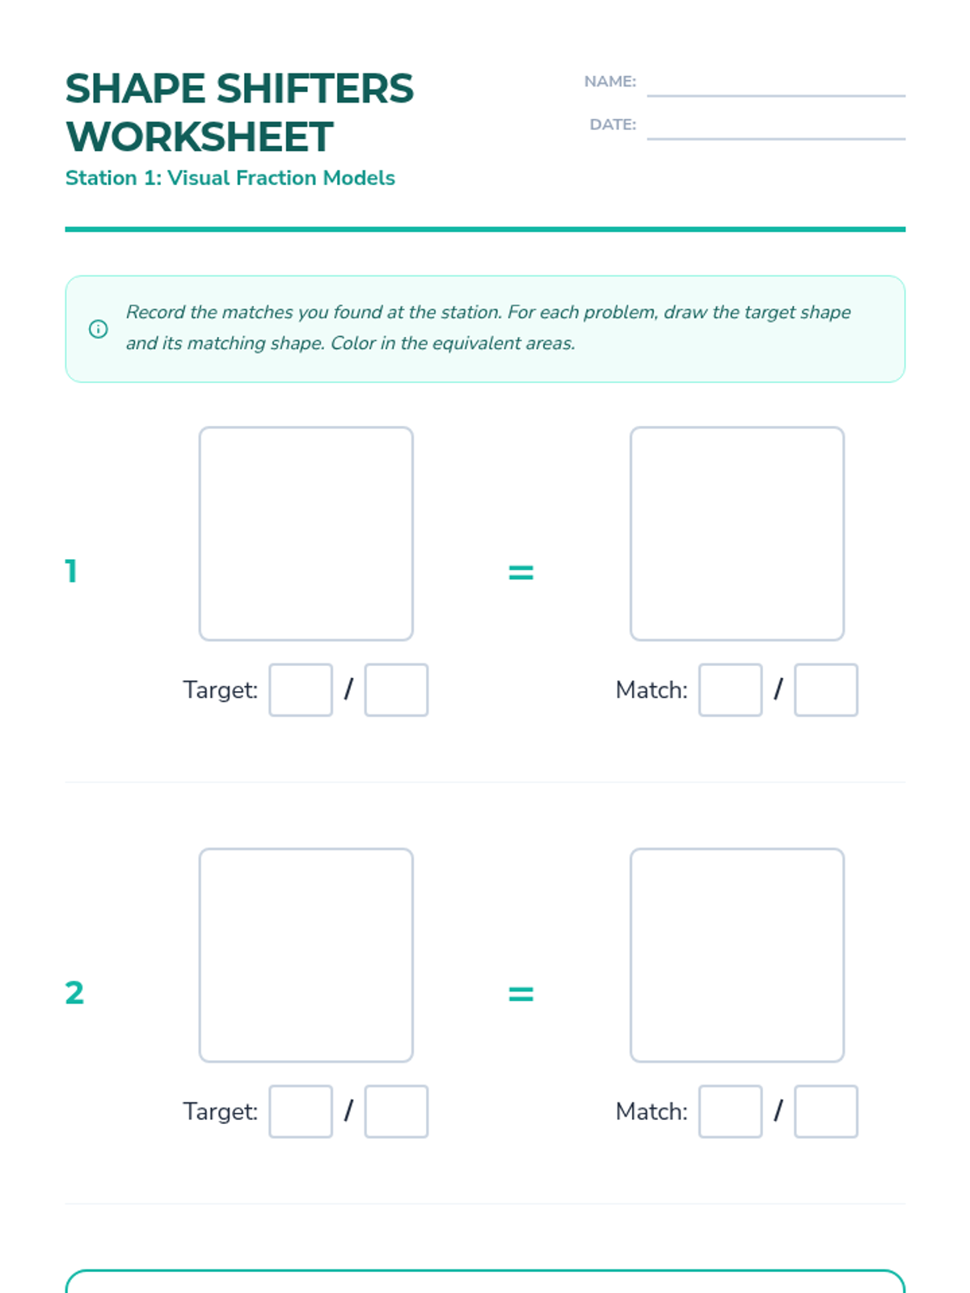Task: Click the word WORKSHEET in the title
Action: coord(200,137)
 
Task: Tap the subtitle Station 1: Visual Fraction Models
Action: coord(230,178)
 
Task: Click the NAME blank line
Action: coord(776,95)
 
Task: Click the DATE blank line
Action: coord(776,139)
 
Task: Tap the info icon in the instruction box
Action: coord(99,329)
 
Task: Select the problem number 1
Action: coord(71,571)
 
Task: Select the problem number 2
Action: coord(74,993)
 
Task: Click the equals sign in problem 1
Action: coord(521,573)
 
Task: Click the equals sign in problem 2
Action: coord(521,994)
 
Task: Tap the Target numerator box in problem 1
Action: coord(301,690)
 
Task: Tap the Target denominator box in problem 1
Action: coord(396,690)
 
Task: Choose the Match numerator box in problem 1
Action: coord(730,690)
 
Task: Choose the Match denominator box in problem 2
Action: coord(825,1111)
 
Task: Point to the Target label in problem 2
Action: coord(220,1112)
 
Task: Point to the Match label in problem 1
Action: coord(652,690)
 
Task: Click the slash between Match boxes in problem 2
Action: coord(778,1110)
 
